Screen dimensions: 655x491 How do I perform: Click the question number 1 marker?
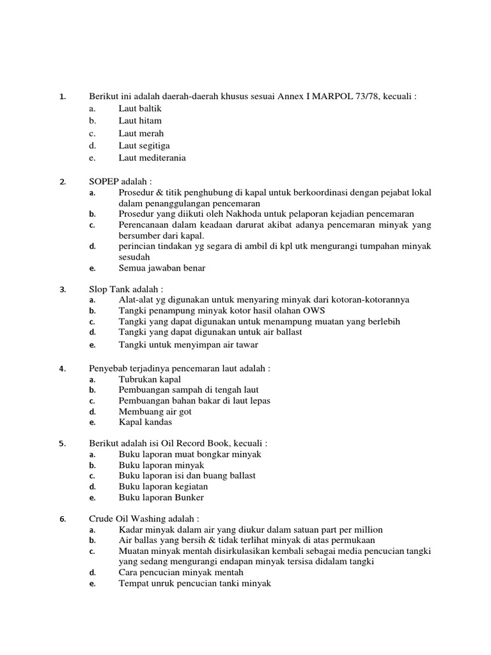[62, 97]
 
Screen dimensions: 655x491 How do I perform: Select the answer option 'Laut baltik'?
[140, 109]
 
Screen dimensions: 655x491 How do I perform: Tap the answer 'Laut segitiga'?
[144, 146]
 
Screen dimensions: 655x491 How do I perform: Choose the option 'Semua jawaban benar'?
[162, 268]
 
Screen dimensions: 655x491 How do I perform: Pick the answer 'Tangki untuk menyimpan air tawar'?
[188, 345]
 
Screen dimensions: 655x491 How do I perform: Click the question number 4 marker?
[62, 369]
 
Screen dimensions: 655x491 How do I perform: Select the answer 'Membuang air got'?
[155, 411]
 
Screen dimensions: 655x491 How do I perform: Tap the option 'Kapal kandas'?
[145, 422]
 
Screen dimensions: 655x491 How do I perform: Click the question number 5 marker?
[62, 444]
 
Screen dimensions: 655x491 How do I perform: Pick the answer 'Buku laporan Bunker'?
[161, 497]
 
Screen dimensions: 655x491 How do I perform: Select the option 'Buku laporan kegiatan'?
[163, 486]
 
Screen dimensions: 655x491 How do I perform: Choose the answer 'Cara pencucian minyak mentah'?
[181, 572]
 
